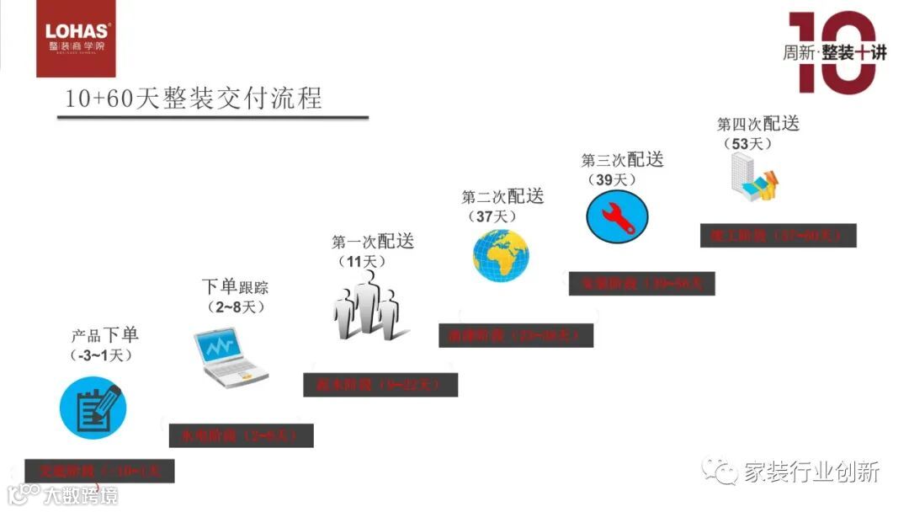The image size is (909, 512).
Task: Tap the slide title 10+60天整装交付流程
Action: click(194, 99)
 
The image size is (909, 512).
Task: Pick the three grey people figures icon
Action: click(365, 307)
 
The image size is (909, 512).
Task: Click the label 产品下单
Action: click(105, 335)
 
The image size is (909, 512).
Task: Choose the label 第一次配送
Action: click(373, 242)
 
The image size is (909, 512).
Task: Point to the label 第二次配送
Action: click(502, 196)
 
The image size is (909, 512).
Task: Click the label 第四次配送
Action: click(757, 124)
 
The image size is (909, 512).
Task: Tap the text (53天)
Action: click(747, 144)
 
